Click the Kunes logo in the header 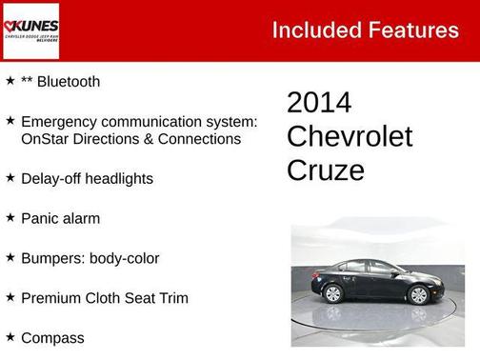pos(30,30)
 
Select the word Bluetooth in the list pos(67,82)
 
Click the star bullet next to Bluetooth pos(10,81)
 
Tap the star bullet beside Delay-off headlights pos(10,177)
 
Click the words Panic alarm pos(60,218)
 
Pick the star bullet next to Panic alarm pos(10,217)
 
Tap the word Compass pos(52,338)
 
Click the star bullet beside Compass pos(10,337)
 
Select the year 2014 pos(319,103)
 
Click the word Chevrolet pos(350,136)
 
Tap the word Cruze pos(325,170)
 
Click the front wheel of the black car pos(417,294)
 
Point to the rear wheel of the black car pos(333,293)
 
